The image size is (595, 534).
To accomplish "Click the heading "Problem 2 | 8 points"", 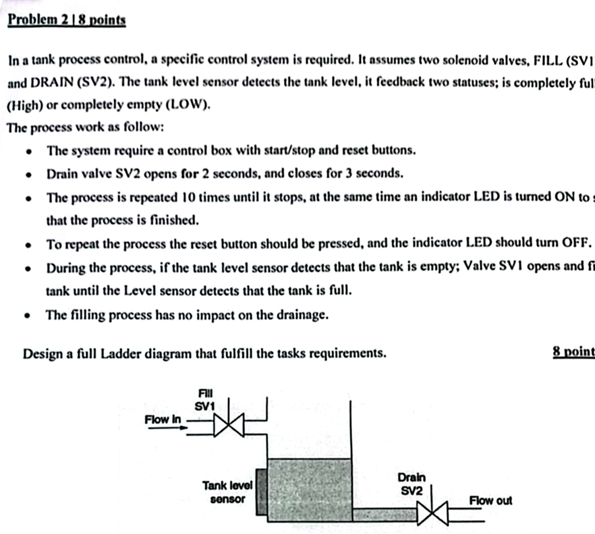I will [x=66, y=20].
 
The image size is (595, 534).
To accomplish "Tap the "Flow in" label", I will [x=163, y=419].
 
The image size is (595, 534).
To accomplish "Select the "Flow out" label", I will [x=490, y=500].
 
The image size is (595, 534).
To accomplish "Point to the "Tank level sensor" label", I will [x=227, y=492].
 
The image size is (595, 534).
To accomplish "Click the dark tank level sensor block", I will [x=260, y=493].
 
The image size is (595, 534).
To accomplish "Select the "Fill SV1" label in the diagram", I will [x=204, y=400].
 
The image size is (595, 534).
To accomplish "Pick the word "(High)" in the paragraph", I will [x=25, y=106].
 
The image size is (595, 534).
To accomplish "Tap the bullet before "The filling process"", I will [x=28, y=315].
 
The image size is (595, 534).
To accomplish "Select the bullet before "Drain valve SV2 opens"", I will [x=28, y=174].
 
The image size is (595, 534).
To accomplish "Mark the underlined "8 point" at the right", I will [x=572, y=352].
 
